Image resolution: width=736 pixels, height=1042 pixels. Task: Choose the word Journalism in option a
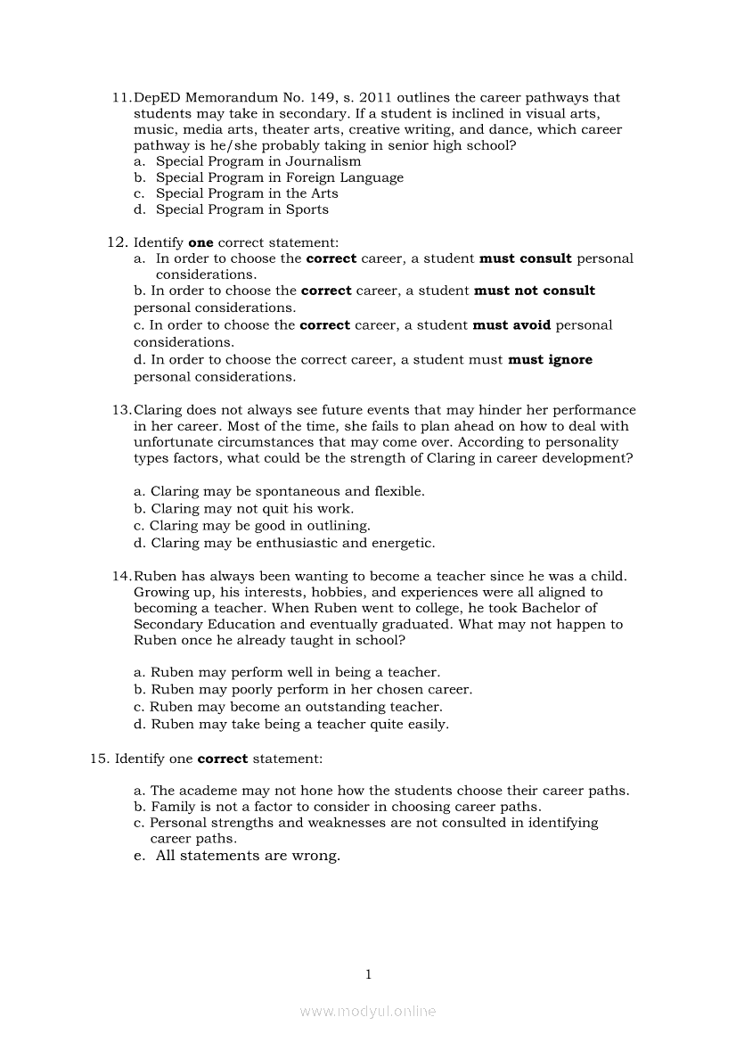pyautogui.click(x=323, y=162)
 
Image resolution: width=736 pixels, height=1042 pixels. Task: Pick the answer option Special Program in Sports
pyautogui.click(x=241, y=210)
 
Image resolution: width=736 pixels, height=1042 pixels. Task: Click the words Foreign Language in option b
pyautogui.click(x=345, y=178)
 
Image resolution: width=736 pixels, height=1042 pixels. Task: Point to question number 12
pyautogui.click(x=117, y=242)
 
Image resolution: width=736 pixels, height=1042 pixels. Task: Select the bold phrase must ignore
pyautogui.click(x=550, y=360)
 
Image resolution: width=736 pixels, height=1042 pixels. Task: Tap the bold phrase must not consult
pyautogui.click(x=535, y=291)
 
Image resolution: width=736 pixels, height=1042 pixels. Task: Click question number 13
pyautogui.click(x=121, y=410)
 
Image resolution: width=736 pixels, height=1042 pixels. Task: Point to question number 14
pyautogui.click(x=121, y=577)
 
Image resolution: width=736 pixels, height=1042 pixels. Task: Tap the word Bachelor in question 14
pyautogui.click(x=568, y=609)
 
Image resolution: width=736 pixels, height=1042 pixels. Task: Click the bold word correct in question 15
pyautogui.click(x=222, y=759)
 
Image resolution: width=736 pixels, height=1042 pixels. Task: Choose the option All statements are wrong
pyautogui.click(x=248, y=857)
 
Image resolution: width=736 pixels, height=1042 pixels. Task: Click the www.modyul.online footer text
pyautogui.click(x=368, y=1012)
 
